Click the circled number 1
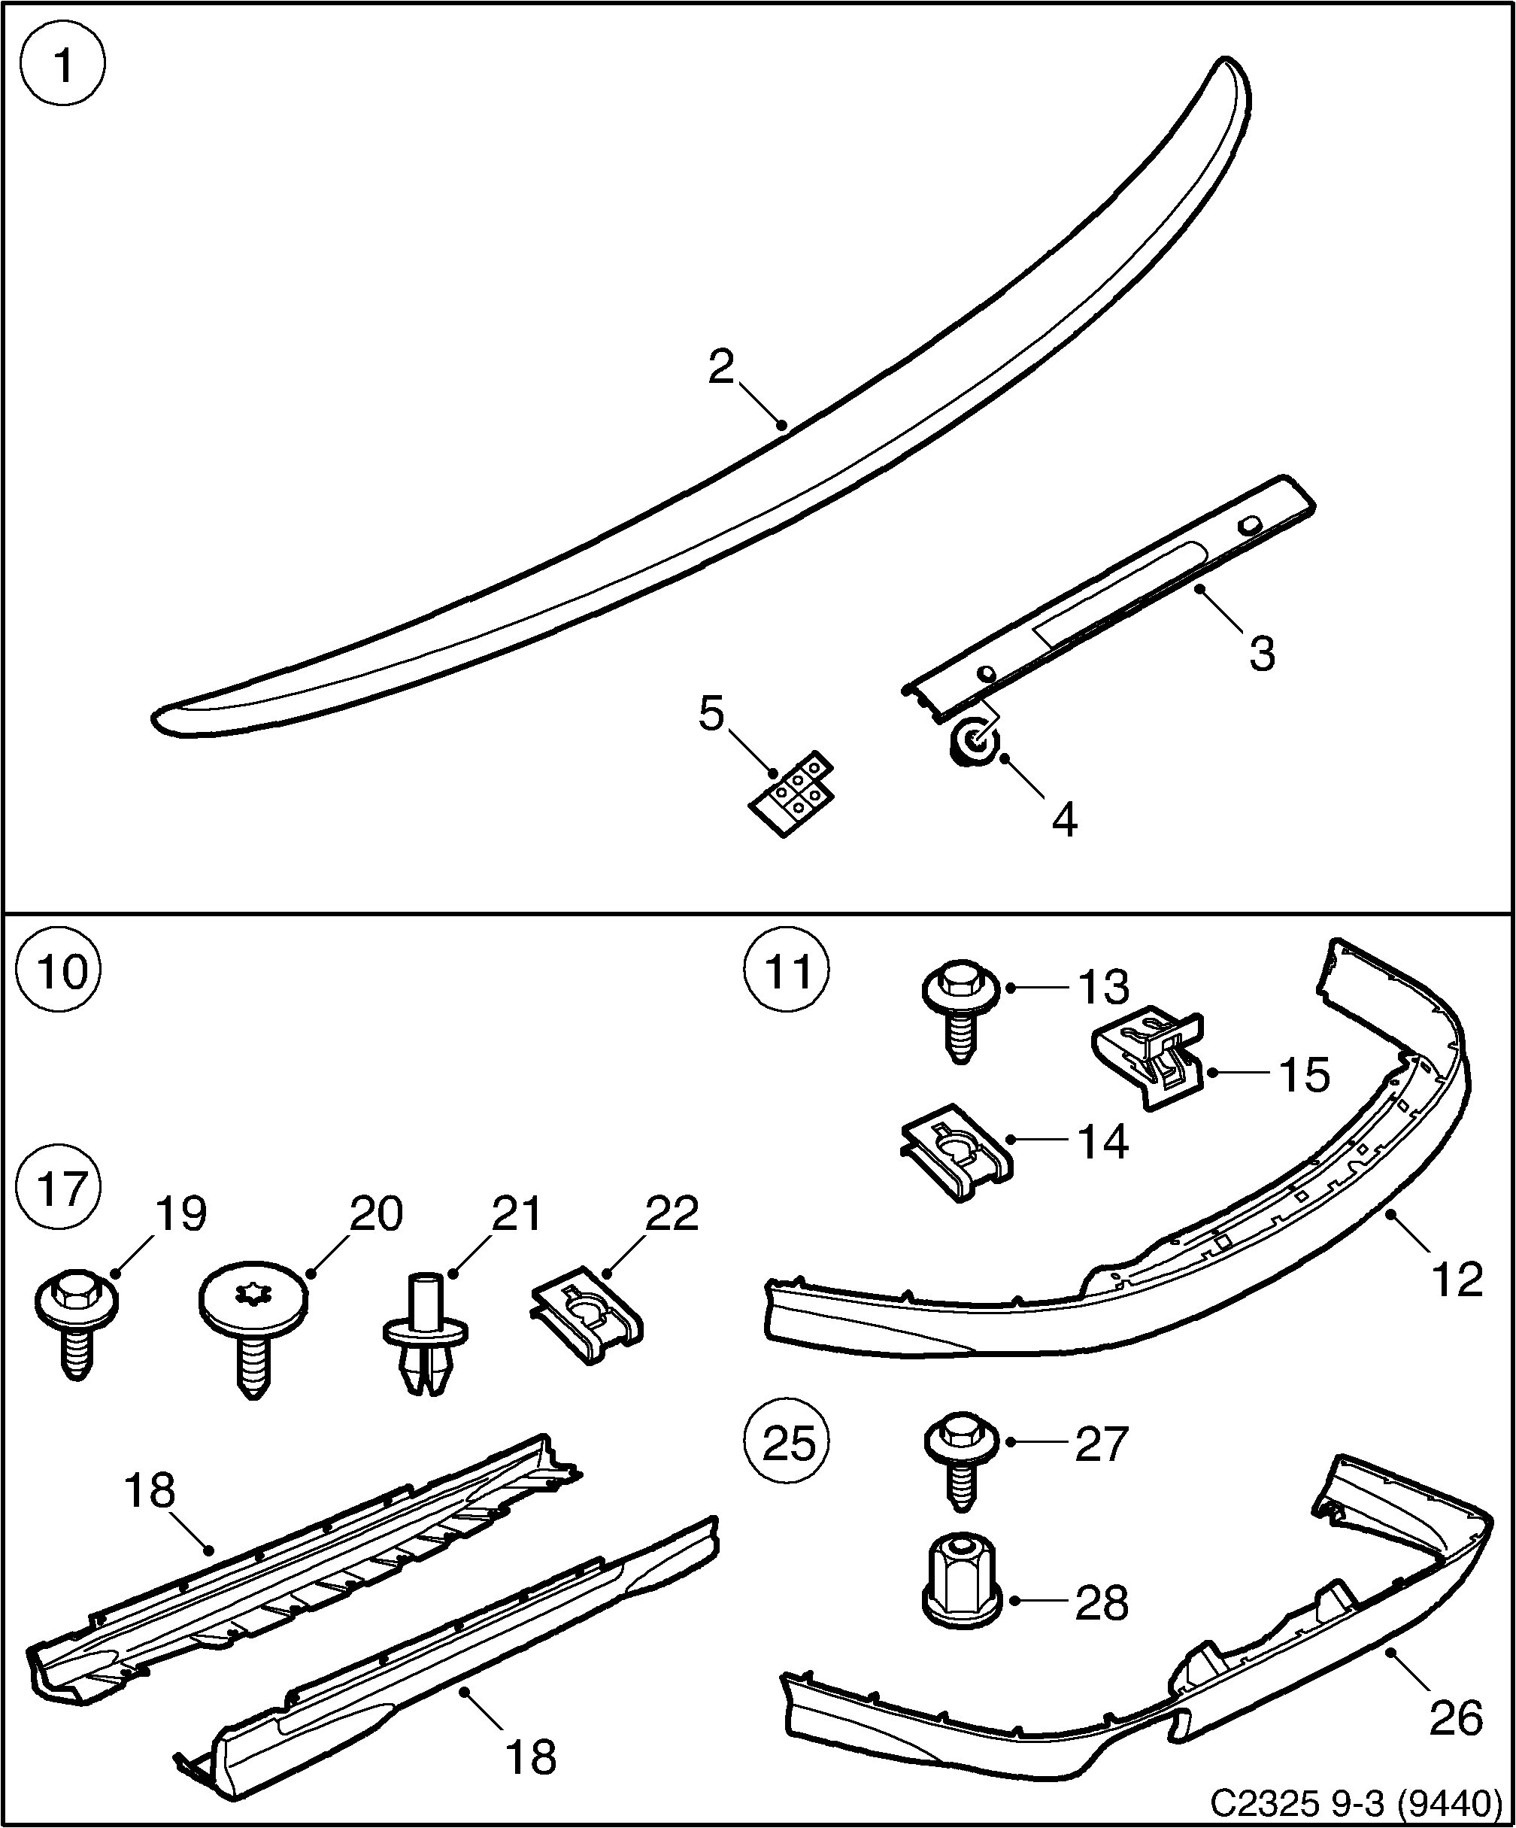[62, 65]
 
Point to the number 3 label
[1261, 653]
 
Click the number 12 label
[1456, 1279]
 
